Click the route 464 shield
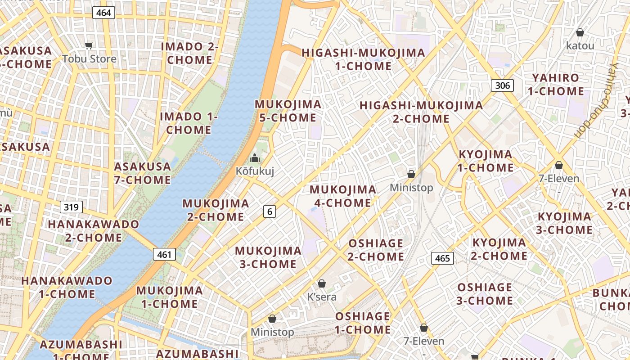[103, 13]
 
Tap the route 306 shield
[502, 85]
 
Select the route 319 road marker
[71, 207]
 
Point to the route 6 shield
[269, 211]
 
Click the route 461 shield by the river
[164, 255]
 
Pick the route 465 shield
[442, 258]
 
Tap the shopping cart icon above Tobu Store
[89, 45]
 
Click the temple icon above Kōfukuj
[255, 158]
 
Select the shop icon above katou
[580, 32]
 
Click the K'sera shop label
[322, 297]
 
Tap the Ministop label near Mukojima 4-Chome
[411, 188]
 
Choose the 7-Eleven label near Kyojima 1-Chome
[558, 179]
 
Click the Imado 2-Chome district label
[189, 53]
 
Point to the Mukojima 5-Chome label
[288, 111]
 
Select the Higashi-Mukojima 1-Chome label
[363, 59]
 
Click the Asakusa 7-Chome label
[143, 173]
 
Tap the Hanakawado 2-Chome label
[94, 230]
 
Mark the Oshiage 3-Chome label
[485, 294]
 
